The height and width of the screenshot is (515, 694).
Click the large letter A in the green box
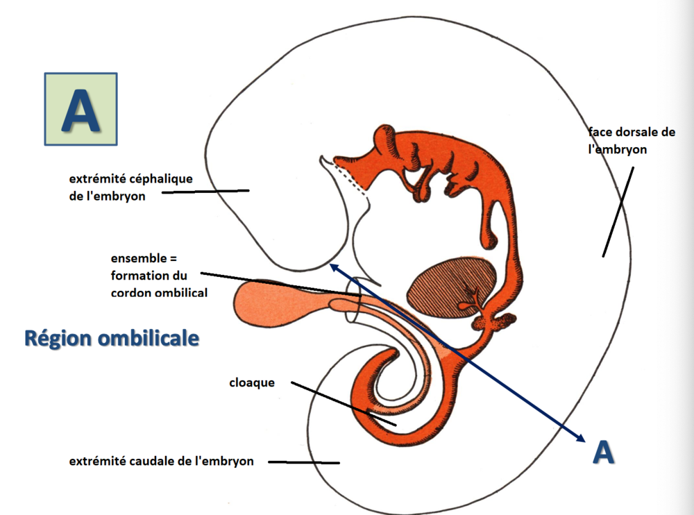80,109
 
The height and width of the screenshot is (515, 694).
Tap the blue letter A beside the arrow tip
604,452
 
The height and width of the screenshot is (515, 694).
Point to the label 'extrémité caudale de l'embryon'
160,462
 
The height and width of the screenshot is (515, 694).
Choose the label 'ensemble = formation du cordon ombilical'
159,276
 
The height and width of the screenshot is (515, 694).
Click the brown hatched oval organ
455,285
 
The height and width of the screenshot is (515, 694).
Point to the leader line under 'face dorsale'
618,211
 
